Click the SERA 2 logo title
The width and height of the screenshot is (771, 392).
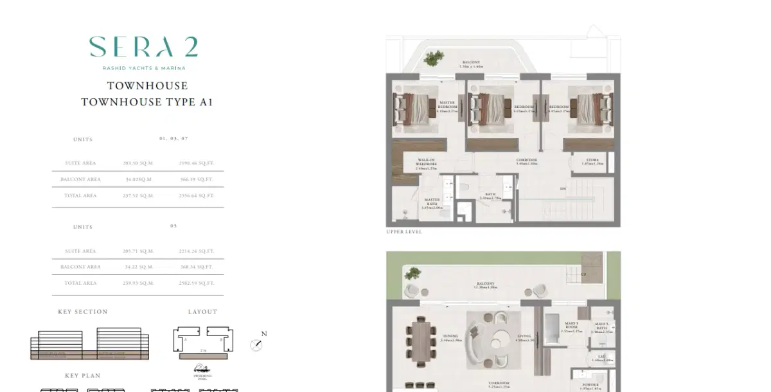click(x=143, y=47)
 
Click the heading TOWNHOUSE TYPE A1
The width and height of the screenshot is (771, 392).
click(x=147, y=102)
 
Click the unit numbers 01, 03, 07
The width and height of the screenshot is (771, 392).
click(x=173, y=139)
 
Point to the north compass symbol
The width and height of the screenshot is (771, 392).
click(x=258, y=344)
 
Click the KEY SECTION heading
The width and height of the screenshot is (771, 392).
click(x=83, y=312)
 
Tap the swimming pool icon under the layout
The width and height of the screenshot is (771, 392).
click(x=202, y=369)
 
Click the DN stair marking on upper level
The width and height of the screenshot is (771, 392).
click(x=563, y=189)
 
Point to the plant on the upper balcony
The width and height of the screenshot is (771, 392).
click(x=436, y=57)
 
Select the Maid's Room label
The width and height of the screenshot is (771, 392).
click(x=572, y=327)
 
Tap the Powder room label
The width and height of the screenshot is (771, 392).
click(x=591, y=386)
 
